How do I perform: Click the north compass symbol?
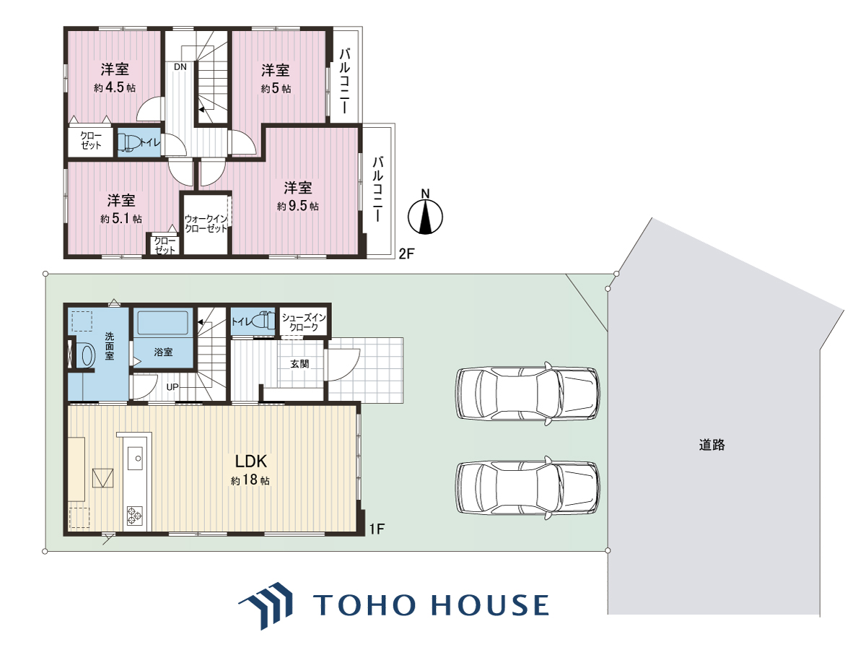pos(425,214)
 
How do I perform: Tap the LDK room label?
pos(251,461)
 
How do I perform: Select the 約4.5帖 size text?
pos(115,87)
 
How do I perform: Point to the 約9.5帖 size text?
pos(298,206)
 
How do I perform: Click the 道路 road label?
pos(712,445)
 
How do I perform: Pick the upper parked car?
pos(528,393)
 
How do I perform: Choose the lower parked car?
pos(528,487)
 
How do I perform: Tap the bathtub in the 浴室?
pos(163,324)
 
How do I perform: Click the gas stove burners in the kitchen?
pos(134,515)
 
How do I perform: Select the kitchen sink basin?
pos(136,458)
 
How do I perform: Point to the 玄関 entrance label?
pos(299,364)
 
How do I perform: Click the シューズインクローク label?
pos(304,322)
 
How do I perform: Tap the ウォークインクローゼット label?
pos(206,224)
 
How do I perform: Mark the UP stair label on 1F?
pos(172,387)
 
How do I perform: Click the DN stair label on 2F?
pos(180,66)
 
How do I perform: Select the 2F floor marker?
pos(406,253)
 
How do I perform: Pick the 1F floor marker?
pos(377,529)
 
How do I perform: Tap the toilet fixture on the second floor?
pos(129,142)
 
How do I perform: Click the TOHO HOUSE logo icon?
pos(266,605)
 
